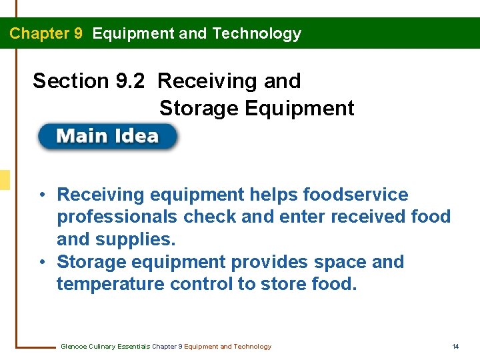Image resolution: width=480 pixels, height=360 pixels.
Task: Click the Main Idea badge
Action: pyautogui.click(x=107, y=137)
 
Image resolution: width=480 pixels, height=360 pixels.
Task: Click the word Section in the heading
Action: pyautogui.click(x=70, y=81)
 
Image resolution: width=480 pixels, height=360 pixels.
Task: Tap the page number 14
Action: pyautogui.click(x=455, y=347)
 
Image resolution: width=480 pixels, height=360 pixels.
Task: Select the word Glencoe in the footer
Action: pyautogui.click(x=73, y=347)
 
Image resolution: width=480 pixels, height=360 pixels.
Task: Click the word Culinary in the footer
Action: pyautogui.click(x=101, y=347)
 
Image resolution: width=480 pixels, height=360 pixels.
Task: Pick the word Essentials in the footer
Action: pyautogui.click(x=133, y=347)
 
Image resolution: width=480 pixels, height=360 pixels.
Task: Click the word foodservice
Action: pyautogui.click(x=355, y=195)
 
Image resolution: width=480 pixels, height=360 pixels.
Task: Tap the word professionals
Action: pyautogui.click(x=117, y=217)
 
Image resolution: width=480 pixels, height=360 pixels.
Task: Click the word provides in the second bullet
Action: pyautogui.click(x=281, y=262)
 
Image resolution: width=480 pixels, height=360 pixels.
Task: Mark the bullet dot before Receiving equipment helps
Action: pyautogui.click(x=42, y=195)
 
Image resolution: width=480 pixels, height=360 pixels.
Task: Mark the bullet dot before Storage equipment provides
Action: pyautogui.click(x=42, y=262)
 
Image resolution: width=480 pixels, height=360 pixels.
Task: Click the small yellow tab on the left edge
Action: pyautogui.click(x=5, y=179)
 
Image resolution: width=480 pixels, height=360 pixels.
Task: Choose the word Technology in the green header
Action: pyautogui.click(x=257, y=33)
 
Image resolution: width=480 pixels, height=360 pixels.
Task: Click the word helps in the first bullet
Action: pyautogui.click(x=273, y=195)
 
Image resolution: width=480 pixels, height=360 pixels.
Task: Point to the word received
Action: pyautogui.click(x=365, y=217)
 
